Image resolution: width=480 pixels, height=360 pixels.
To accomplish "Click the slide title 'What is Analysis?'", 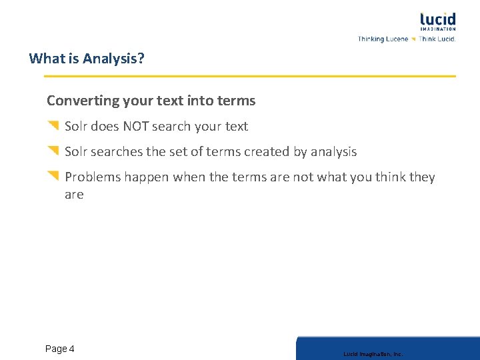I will pyautogui.click(x=87, y=59).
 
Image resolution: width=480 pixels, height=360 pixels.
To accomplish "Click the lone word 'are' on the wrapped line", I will pyautogui.click(x=74, y=195).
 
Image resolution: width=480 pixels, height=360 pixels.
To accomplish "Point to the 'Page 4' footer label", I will pyautogui.click(x=60, y=349).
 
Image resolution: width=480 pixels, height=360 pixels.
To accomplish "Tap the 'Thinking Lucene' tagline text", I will pyautogui.click(x=383, y=39).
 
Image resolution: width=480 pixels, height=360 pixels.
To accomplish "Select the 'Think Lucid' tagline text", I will pyautogui.click(x=437, y=39).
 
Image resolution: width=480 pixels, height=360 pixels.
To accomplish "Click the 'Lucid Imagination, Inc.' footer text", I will pyautogui.click(x=373, y=354).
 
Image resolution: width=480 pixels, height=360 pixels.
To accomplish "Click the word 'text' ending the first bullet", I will pyautogui.click(x=237, y=127).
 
